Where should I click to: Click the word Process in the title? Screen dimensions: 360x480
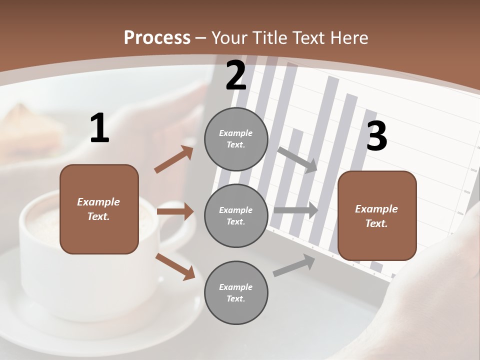[x=157, y=38]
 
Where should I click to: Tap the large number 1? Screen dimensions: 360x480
[x=99, y=128]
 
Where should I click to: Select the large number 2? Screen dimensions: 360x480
[x=236, y=75]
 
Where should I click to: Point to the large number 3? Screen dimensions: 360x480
[x=377, y=136]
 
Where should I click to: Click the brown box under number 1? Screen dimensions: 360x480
[x=99, y=209]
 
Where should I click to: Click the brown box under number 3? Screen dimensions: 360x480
[x=377, y=216]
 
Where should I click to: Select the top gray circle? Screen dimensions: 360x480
[x=236, y=139]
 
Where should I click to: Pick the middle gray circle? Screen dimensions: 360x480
[x=236, y=216]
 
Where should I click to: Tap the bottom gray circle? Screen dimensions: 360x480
[x=236, y=293]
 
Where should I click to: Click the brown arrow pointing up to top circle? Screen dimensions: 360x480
[x=174, y=159]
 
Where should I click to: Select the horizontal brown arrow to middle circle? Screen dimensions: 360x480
[x=175, y=211]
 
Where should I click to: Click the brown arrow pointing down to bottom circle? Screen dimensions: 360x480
[x=175, y=266]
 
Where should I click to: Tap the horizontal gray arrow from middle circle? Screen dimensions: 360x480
[x=295, y=210]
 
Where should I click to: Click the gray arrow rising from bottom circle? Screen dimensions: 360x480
[x=294, y=265]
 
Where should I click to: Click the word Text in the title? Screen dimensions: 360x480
[x=308, y=38]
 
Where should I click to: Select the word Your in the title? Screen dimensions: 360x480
[x=229, y=38]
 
